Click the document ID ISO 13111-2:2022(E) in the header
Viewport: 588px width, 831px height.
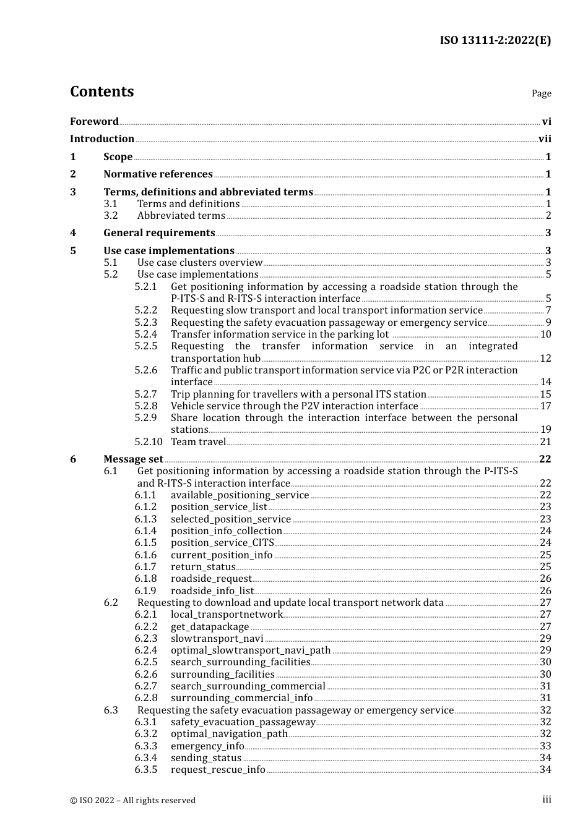495,40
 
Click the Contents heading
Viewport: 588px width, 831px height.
102,92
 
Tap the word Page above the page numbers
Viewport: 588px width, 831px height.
541,93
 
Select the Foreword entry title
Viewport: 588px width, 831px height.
94,122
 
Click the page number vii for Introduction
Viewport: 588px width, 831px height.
545,139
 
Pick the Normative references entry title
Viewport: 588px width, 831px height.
158,174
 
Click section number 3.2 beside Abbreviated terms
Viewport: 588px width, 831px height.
111,216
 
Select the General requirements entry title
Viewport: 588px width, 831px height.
159,233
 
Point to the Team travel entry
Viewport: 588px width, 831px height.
198,442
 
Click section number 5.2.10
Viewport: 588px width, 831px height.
148,442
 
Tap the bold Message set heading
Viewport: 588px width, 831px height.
133,459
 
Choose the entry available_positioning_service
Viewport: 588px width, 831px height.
240,495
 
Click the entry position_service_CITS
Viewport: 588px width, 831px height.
222,543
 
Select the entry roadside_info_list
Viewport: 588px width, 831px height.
212,591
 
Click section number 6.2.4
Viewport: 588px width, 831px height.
146,650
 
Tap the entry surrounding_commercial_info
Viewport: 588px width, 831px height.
241,698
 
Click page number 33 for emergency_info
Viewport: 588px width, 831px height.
545,746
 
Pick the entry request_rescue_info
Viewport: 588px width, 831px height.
218,770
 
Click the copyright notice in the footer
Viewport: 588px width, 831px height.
132,801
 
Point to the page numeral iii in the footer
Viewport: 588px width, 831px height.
547,799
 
